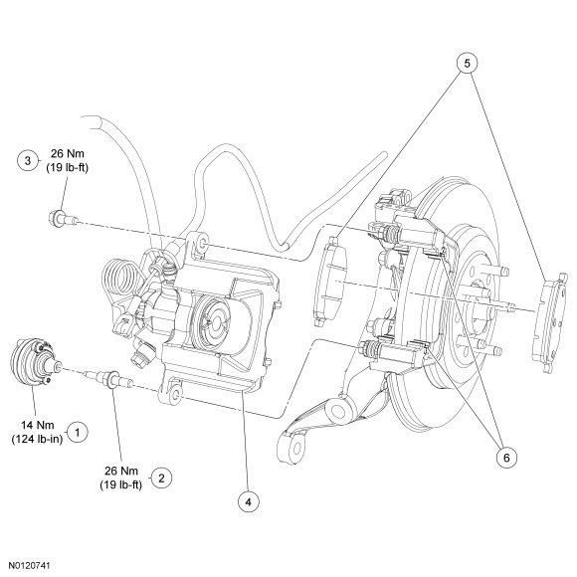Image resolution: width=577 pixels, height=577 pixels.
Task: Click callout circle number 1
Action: point(77,432)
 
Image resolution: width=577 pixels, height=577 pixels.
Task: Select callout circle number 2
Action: point(161,478)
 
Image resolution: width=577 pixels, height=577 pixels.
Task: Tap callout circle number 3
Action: point(28,161)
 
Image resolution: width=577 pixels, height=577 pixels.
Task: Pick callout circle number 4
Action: point(249,502)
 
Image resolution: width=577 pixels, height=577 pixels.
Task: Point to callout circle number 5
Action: point(467,64)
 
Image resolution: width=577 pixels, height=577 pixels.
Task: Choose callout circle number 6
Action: point(506,458)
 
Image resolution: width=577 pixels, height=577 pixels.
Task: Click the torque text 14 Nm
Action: point(38,425)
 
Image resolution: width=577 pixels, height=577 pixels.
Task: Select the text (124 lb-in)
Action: point(37,439)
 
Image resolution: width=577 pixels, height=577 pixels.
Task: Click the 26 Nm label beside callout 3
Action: point(68,153)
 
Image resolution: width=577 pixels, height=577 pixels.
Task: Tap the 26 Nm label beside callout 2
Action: point(121,471)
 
